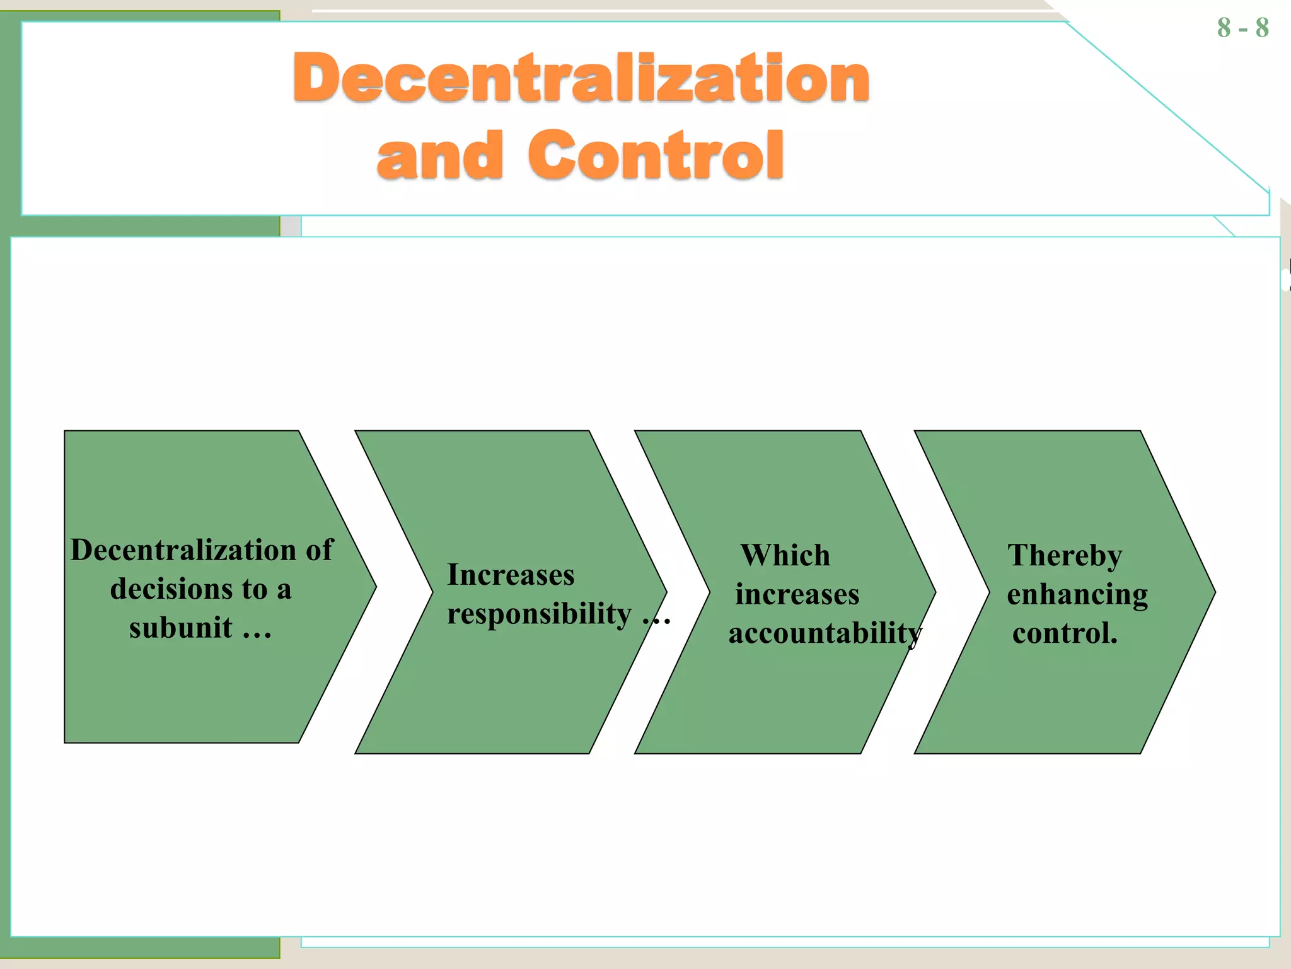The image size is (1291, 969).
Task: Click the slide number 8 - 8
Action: point(1242,28)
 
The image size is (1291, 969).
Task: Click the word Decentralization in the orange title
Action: point(581,78)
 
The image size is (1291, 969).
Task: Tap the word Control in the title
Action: point(656,155)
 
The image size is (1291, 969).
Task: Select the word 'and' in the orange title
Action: point(440,155)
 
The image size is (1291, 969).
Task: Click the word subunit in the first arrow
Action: point(181,628)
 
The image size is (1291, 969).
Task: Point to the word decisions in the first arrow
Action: point(188,589)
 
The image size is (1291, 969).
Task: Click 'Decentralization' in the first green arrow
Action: point(183,550)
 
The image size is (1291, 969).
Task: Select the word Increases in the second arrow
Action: point(511,575)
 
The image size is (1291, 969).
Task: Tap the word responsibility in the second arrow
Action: point(539,614)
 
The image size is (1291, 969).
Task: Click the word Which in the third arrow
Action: point(785,556)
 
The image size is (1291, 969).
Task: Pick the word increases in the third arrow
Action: point(797,594)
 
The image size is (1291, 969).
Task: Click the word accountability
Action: point(825,633)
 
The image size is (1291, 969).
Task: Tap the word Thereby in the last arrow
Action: point(1065,556)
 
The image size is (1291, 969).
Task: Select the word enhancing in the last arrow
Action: point(1077,594)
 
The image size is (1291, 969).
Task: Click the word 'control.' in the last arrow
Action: point(1065,633)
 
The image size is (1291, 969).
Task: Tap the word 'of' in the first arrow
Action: point(320,550)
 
